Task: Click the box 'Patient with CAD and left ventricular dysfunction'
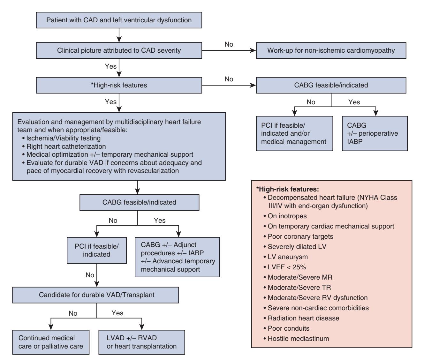click(x=119, y=20)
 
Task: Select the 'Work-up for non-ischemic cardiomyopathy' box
click(x=331, y=50)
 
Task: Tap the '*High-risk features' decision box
click(x=119, y=85)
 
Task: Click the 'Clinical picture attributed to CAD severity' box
click(x=119, y=50)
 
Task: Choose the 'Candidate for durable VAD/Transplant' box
click(x=95, y=295)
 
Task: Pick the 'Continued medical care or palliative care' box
click(x=51, y=342)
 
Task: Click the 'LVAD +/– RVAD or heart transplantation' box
click(x=142, y=342)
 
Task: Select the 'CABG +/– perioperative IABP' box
click(x=375, y=133)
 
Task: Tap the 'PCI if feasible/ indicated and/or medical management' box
click(x=295, y=133)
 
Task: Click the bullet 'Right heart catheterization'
click(x=64, y=146)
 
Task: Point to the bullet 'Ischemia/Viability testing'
click(x=61, y=138)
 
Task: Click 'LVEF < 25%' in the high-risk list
click(x=285, y=267)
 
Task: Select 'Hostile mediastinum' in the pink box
click(x=296, y=339)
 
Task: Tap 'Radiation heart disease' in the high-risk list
click(x=301, y=318)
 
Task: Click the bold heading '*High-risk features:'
click(x=288, y=189)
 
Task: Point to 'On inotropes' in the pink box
click(x=285, y=216)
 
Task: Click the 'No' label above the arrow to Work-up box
click(x=229, y=44)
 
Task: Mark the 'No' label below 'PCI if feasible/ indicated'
click(x=90, y=275)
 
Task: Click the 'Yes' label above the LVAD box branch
click(x=117, y=313)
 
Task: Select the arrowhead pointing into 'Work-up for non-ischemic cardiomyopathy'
click(x=253, y=50)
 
